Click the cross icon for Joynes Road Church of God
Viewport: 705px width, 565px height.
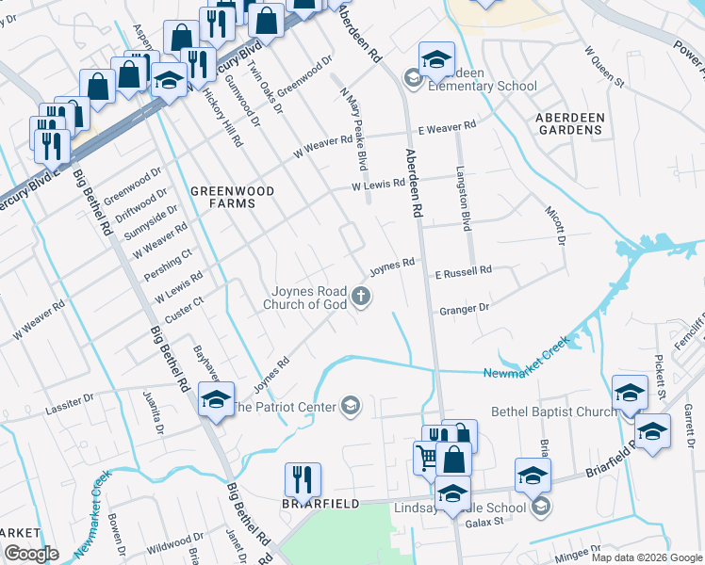click(360, 298)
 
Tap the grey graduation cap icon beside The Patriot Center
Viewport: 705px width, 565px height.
click(351, 407)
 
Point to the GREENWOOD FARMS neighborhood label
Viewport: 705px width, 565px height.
click(232, 197)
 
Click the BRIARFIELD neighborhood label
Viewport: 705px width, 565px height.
click(320, 504)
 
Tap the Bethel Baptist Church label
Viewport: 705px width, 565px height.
click(553, 412)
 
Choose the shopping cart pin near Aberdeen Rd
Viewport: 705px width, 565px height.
click(429, 458)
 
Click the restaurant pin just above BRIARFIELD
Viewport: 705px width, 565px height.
click(303, 479)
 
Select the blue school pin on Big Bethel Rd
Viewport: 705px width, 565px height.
click(216, 400)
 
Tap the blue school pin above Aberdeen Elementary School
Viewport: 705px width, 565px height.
click(436, 59)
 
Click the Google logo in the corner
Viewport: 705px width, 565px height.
click(30, 553)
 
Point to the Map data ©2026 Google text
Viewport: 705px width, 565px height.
click(647, 557)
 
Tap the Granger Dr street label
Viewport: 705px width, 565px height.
click(464, 308)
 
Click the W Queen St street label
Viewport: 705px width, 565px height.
click(604, 66)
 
